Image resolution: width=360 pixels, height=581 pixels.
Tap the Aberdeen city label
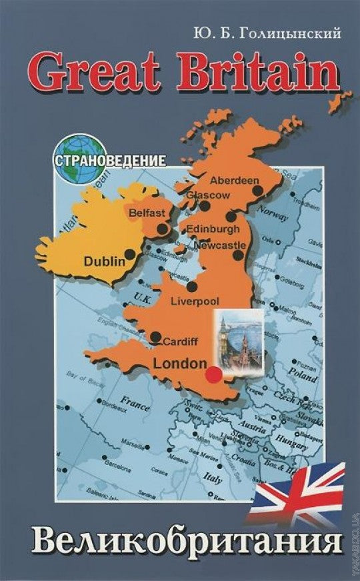point(234,180)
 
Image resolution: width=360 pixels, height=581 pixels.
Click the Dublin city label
point(105,261)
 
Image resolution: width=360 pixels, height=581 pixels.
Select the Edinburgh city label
point(212,228)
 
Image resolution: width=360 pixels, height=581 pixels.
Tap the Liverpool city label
point(195,301)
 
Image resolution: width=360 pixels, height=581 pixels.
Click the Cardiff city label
point(180,341)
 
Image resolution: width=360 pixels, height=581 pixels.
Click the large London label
point(180,364)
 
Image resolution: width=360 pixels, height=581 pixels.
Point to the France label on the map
point(135,402)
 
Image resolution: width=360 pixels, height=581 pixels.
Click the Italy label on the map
point(213,477)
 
